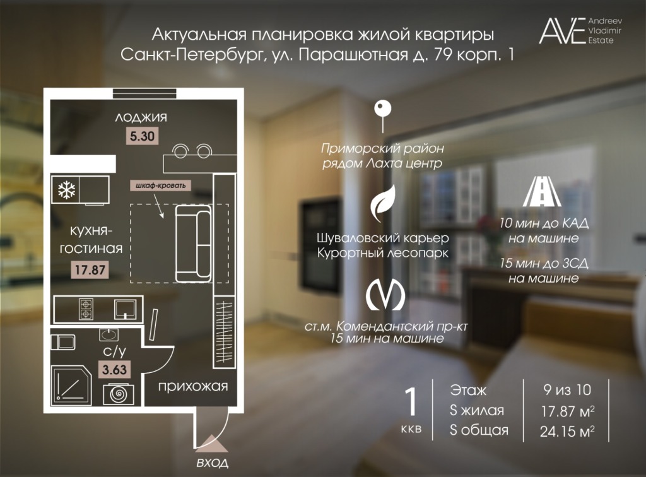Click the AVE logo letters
[x=562, y=31]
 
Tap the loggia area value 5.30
[x=142, y=136]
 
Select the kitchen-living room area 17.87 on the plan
[x=90, y=270]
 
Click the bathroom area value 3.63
[x=115, y=369]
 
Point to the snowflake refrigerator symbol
[x=66, y=189]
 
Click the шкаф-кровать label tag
[x=161, y=185]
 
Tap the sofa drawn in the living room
[x=193, y=244]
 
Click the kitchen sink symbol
[x=126, y=309]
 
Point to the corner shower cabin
[x=71, y=384]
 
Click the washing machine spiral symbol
[x=118, y=394]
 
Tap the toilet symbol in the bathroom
[x=63, y=341]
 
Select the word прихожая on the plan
[x=193, y=386]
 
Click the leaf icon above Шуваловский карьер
[x=383, y=203]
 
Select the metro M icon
[x=385, y=295]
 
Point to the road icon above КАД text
[x=542, y=191]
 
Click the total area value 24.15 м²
[x=567, y=432]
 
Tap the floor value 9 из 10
[x=567, y=390]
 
